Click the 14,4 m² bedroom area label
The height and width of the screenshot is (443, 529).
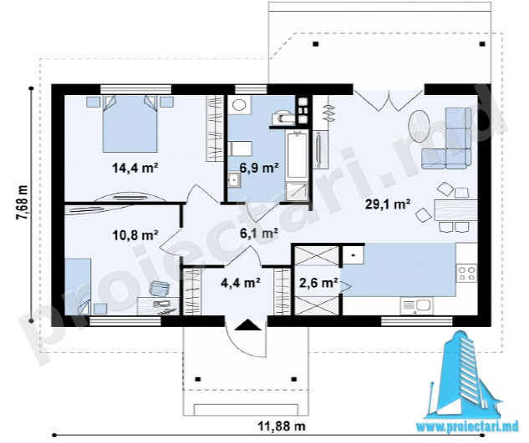click(x=135, y=168)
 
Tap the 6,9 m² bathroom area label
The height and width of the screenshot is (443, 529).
click(x=259, y=167)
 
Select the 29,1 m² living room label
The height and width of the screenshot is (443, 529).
click(x=388, y=204)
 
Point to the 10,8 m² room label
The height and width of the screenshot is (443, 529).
click(x=135, y=234)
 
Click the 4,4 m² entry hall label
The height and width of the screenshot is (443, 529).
click(x=240, y=282)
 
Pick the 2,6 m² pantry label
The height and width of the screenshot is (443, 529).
click(x=318, y=282)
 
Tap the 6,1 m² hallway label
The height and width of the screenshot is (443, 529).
click(x=259, y=232)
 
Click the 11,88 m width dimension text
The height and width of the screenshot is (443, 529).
click(x=282, y=426)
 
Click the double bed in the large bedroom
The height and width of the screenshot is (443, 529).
click(x=130, y=123)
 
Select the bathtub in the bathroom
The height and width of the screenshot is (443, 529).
click(x=297, y=156)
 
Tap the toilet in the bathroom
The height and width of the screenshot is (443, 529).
click(x=282, y=118)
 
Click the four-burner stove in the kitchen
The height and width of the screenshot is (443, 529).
click(x=467, y=273)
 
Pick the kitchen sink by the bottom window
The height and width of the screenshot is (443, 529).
click(x=417, y=306)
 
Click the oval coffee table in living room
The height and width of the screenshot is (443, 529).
click(x=419, y=124)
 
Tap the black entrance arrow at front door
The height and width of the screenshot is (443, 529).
click(x=247, y=325)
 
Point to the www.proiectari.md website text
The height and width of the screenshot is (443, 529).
click(x=467, y=427)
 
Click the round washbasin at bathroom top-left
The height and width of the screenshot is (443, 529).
click(x=240, y=104)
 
